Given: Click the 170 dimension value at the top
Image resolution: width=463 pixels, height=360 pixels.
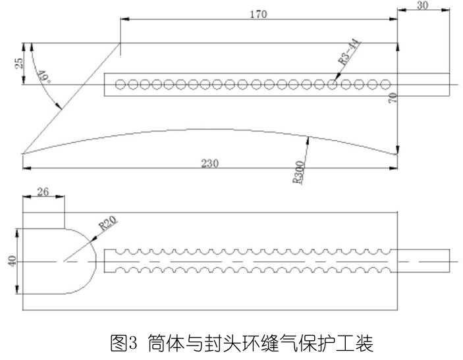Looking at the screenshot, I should pos(259,14).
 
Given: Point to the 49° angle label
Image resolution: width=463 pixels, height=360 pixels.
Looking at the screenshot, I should pos(43,78).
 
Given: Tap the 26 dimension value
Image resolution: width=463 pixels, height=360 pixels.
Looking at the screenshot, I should pos(43,192).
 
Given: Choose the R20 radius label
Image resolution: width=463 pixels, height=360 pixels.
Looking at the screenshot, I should pos(108,224).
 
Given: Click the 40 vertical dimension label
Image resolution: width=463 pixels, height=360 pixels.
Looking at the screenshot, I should pos(11,261).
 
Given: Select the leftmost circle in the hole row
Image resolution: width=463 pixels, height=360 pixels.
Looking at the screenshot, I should pos(120,84).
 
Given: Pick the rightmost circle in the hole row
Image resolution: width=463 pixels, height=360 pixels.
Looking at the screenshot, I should pos(386,84).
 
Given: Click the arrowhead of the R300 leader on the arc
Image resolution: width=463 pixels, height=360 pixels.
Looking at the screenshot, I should pos(309,137).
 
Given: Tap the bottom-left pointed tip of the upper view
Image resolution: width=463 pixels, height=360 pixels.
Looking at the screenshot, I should pos(23,153).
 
